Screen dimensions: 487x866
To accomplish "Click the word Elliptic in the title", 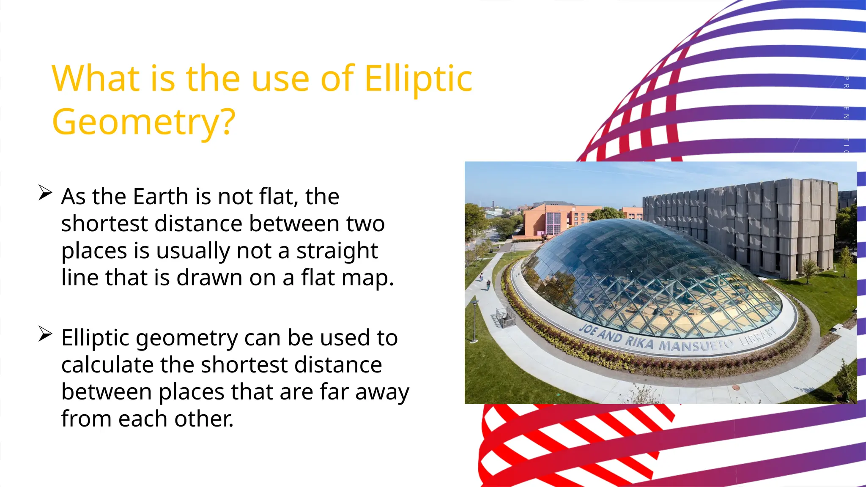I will tap(418, 79).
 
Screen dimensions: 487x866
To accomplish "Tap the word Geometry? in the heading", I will tap(143, 122).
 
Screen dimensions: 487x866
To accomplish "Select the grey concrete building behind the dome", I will tap(744, 220).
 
